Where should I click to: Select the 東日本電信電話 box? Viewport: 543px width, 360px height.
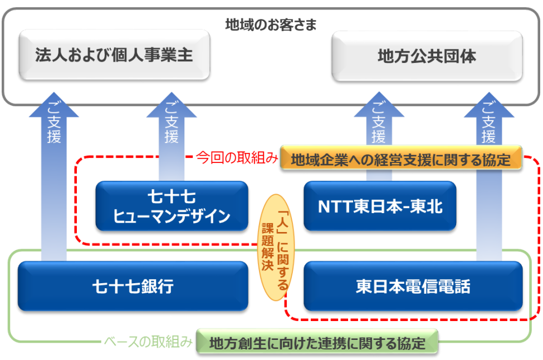tap(413, 287)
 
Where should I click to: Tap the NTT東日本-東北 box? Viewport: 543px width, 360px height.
tap(380, 206)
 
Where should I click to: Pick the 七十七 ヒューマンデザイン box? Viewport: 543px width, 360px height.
tap(172, 206)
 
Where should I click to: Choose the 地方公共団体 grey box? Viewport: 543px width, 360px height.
tap(427, 56)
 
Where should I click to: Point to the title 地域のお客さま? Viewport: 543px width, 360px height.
tap(271, 24)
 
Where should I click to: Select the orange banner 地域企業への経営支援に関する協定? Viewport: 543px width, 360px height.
tap(400, 159)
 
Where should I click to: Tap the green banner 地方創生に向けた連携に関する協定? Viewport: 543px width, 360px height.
tap(317, 342)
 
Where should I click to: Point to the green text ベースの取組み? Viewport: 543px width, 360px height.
tap(149, 342)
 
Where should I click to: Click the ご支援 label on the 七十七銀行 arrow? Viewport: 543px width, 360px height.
tap(54, 128)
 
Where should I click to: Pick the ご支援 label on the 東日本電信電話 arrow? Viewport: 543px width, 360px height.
tap(488, 128)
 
